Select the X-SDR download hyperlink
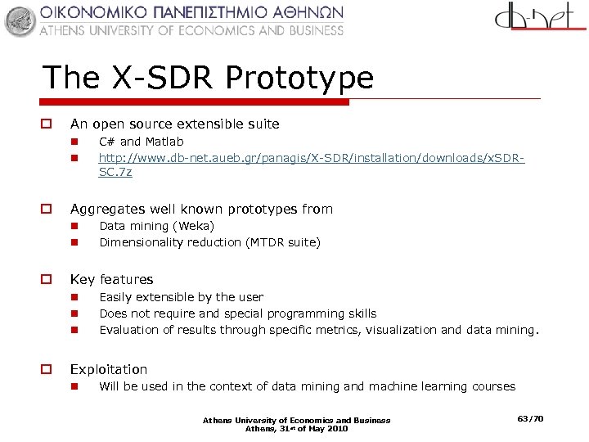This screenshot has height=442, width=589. click(x=311, y=157)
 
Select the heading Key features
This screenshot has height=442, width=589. click(x=111, y=279)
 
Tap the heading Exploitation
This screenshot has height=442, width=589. click(x=109, y=369)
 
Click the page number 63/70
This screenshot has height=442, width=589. click(x=530, y=419)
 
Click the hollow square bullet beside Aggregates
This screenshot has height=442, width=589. click(x=47, y=209)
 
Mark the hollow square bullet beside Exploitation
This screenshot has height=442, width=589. click(x=47, y=369)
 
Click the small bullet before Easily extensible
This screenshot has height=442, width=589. click(x=73, y=297)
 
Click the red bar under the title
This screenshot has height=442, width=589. click(x=196, y=102)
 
